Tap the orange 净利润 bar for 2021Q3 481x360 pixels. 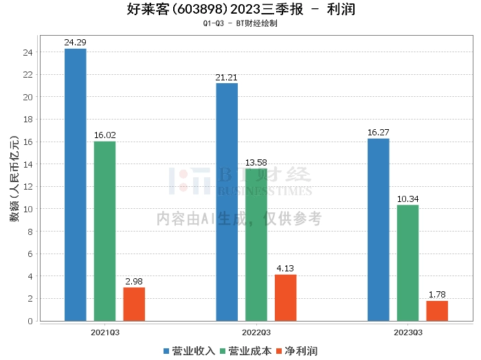(x=134, y=304)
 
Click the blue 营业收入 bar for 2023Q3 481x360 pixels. (x=379, y=229)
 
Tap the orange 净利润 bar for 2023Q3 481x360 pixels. (x=437, y=311)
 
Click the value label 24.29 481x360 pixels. (x=75, y=43)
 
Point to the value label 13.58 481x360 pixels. (x=256, y=162)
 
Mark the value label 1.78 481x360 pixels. (x=437, y=295)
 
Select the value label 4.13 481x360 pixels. (x=285, y=269)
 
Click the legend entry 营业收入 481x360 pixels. (x=190, y=351)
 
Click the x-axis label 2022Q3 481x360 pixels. (x=256, y=332)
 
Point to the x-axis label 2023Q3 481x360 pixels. (x=407, y=332)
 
